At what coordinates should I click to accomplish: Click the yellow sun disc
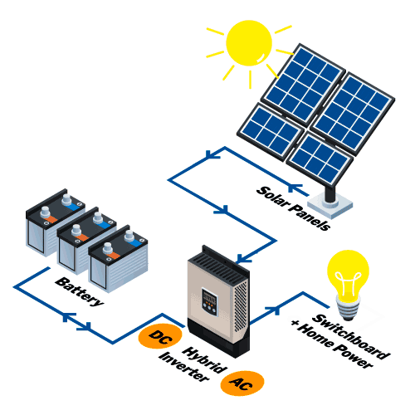pyautogui.click(x=249, y=43)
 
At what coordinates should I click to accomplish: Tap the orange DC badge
pyautogui.click(x=160, y=336)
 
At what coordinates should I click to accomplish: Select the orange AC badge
pyautogui.click(x=242, y=383)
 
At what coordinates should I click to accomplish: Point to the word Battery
pyautogui.click(x=80, y=291)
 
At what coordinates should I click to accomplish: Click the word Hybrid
pyautogui.click(x=204, y=360)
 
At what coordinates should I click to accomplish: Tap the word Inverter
pyautogui.click(x=183, y=367)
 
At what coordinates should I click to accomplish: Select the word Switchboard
pyautogui.click(x=351, y=336)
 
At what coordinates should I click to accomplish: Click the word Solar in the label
pyautogui.click(x=273, y=197)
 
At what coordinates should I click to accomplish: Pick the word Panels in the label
pyautogui.click(x=310, y=217)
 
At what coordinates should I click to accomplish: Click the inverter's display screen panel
pyautogui.click(x=209, y=302)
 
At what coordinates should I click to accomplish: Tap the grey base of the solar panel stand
pyautogui.click(x=330, y=206)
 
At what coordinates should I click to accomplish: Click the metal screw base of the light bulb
pyautogui.click(x=349, y=309)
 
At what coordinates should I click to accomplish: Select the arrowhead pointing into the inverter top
pyautogui.click(x=242, y=259)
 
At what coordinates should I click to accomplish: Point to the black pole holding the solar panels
pyautogui.click(x=330, y=193)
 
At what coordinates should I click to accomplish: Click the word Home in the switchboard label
pyautogui.click(x=315, y=335)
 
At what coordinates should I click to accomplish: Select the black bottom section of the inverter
pyautogui.click(x=218, y=338)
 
